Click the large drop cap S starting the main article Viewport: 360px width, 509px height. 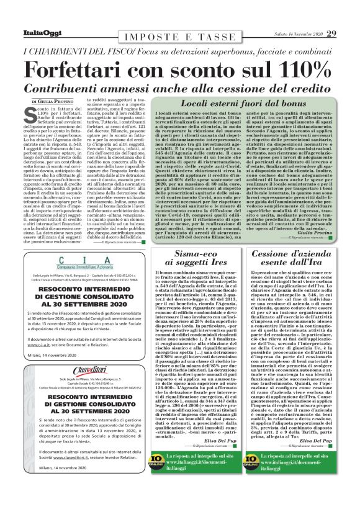(x=31, y=114)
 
